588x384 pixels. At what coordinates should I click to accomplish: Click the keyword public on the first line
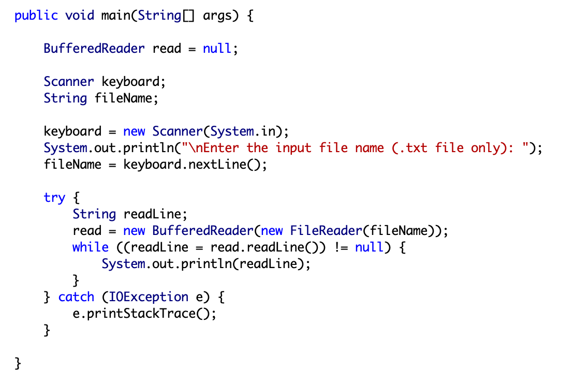(x=36, y=16)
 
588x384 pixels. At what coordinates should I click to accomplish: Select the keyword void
(x=80, y=16)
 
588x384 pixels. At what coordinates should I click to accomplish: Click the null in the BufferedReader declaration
(x=217, y=48)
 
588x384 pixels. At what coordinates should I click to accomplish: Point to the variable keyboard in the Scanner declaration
(x=130, y=82)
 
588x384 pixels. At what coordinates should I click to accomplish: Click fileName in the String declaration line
(x=123, y=98)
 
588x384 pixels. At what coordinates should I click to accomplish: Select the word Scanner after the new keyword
(x=178, y=131)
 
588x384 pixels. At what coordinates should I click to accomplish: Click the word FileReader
(x=326, y=230)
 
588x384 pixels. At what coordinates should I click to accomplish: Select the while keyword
(x=91, y=247)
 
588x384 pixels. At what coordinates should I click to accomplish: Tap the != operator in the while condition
(x=341, y=247)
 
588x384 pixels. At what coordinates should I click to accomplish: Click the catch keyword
(x=76, y=297)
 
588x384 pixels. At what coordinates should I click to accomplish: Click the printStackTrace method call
(x=141, y=314)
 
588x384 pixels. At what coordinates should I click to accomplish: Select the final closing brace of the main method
(x=18, y=363)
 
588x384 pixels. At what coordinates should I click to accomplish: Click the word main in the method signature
(x=116, y=16)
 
